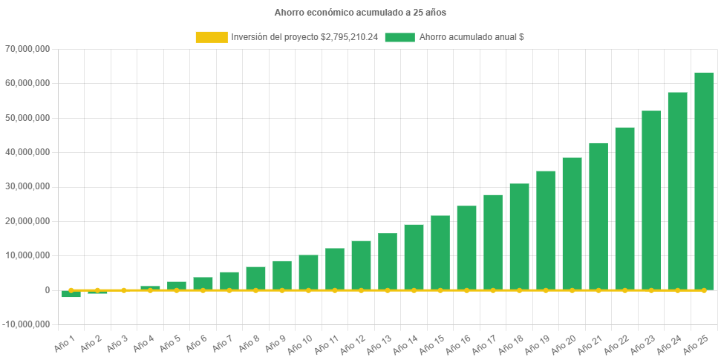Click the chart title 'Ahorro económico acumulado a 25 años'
tap(360, 13)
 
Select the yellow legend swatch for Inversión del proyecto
tap(211, 37)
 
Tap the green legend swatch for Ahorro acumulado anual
tap(399, 37)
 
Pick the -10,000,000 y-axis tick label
tap(26, 324)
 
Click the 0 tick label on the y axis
tap(46, 290)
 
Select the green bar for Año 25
tap(704, 181)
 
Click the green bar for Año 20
tap(572, 223)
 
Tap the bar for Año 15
tap(440, 252)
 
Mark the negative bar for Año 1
tap(71, 294)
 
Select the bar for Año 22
tap(624, 209)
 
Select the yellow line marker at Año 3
tap(123, 290)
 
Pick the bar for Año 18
tap(519, 237)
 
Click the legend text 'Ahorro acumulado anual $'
tap(472, 37)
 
